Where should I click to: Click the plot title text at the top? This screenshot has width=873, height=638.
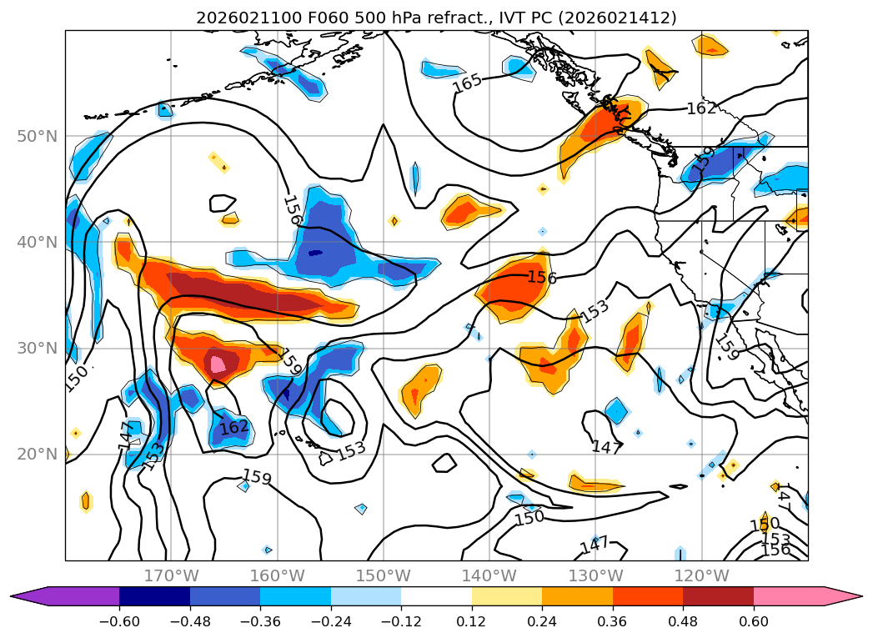click(x=436, y=18)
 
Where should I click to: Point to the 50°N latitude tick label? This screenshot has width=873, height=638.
click(x=37, y=137)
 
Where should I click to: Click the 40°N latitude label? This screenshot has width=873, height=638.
click(x=37, y=243)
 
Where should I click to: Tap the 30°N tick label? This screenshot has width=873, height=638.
click(x=37, y=349)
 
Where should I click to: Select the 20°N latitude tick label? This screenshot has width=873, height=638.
click(x=37, y=455)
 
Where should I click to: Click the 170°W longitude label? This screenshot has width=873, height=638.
click(x=171, y=575)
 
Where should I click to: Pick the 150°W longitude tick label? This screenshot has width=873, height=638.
click(x=383, y=575)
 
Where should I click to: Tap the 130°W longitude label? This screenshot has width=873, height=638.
click(x=595, y=575)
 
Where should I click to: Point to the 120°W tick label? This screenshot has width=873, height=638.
click(x=701, y=575)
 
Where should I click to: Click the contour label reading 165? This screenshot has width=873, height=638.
click(x=467, y=83)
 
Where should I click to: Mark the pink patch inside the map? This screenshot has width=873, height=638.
click(x=218, y=364)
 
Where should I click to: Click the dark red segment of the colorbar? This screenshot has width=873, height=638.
click(x=718, y=596)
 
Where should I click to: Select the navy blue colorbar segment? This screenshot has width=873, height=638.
click(x=154, y=596)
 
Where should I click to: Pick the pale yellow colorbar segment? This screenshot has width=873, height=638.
click(x=507, y=596)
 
